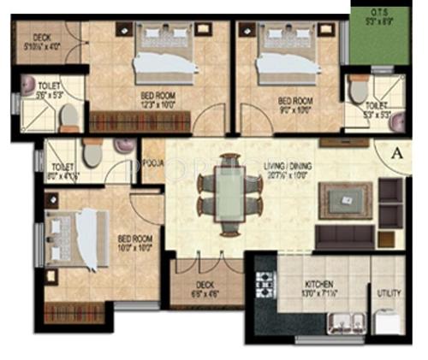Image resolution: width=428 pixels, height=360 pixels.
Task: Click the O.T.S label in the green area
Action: [x=380, y=11]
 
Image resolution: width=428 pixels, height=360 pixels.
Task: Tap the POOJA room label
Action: [x=153, y=162]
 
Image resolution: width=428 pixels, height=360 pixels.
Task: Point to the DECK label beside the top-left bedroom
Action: [x=42, y=37]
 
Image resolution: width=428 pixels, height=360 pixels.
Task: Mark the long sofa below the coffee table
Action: [x=354, y=236]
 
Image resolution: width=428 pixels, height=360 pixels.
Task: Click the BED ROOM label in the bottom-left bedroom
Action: [x=134, y=238]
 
